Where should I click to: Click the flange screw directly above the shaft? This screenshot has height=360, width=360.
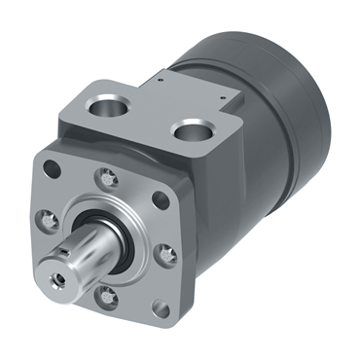104,177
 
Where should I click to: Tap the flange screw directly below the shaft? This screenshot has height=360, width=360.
108,298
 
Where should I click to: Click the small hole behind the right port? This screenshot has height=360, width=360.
227,98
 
